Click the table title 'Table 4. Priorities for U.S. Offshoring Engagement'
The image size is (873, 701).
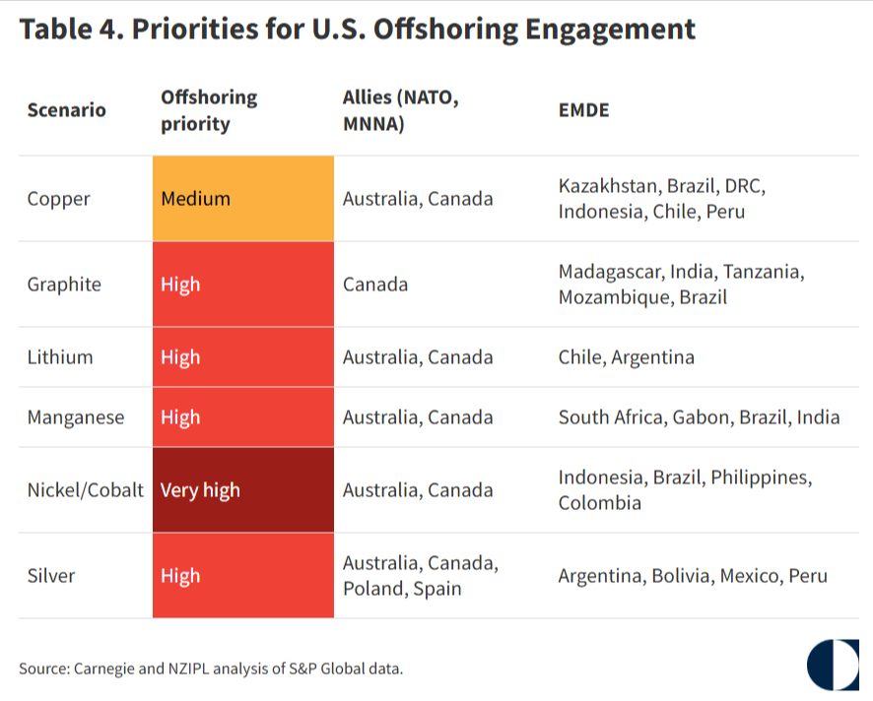click(x=357, y=29)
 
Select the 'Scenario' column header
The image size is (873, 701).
click(x=66, y=109)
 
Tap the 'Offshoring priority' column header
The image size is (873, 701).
click(x=209, y=110)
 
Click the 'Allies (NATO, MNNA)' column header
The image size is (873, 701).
click(x=401, y=110)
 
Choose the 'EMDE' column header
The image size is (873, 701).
click(x=583, y=109)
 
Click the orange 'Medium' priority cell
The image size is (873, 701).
click(x=242, y=199)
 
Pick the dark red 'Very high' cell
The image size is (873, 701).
click(x=242, y=490)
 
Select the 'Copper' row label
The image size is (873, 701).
click(x=58, y=199)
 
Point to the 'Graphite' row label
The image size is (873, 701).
click(x=64, y=285)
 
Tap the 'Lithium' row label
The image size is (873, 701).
click(x=60, y=357)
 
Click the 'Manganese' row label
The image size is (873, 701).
click(x=76, y=417)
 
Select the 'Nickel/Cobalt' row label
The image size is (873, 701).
click(x=85, y=490)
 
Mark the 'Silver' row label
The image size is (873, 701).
click(x=52, y=576)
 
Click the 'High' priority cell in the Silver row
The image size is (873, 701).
click(x=242, y=576)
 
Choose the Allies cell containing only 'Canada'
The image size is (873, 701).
click(x=375, y=285)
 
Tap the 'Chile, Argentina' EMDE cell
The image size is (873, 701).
click(x=626, y=357)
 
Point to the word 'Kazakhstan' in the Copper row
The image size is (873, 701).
click(x=609, y=186)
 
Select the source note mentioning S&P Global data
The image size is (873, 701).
click(x=211, y=669)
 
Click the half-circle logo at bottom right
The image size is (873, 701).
click(x=832, y=665)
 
